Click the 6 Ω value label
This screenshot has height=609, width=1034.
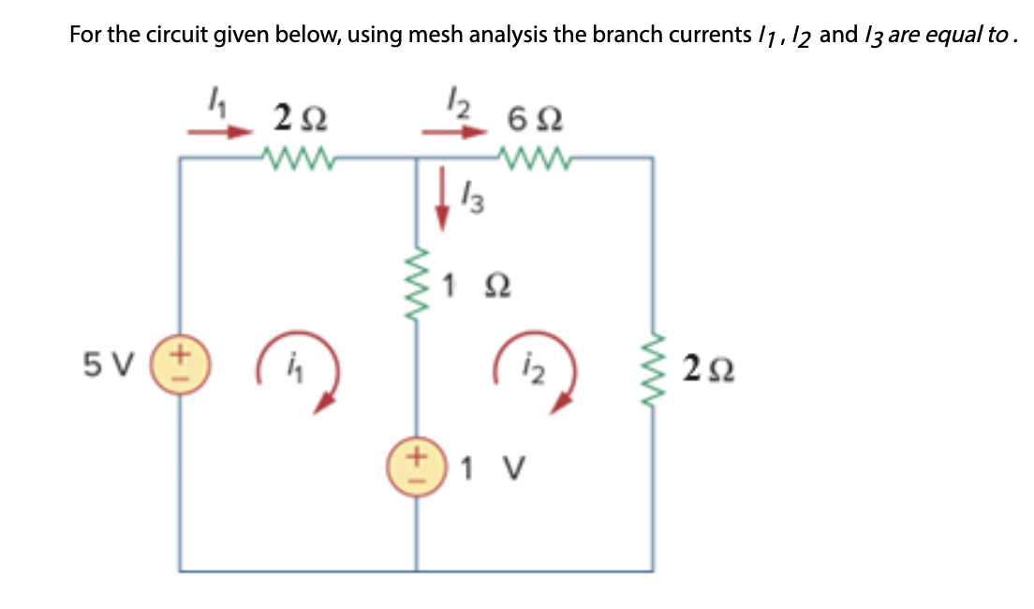(530, 119)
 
